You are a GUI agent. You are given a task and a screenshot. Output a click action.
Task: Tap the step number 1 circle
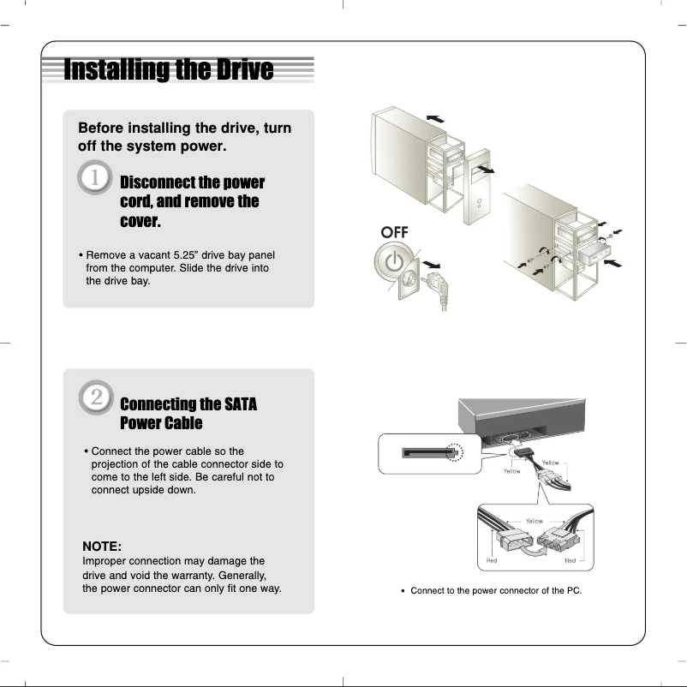coord(95,177)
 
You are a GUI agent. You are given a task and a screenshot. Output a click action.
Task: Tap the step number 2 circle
coord(95,396)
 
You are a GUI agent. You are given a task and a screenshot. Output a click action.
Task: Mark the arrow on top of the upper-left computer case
coord(435,116)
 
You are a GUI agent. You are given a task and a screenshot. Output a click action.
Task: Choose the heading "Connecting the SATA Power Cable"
coord(188,413)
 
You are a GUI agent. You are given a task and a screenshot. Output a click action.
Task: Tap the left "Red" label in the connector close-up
coord(492,561)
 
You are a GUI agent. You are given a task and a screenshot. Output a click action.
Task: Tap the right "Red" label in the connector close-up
coord(571,561)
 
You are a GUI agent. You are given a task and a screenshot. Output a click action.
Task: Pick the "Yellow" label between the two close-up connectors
coord(534,520)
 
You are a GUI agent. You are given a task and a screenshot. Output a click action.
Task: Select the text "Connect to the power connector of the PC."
coord(496,591)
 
